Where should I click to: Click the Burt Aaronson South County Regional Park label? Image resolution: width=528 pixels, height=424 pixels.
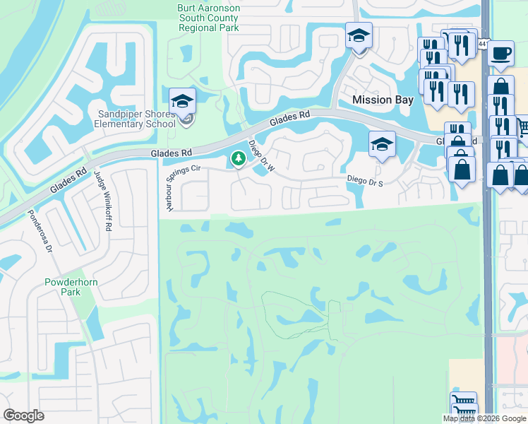[208, 18]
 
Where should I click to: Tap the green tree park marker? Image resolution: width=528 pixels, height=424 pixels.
[239, 159]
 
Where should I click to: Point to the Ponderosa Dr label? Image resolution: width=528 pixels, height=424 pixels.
[40, 231]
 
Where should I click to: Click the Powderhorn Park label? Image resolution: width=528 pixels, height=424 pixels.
[64, 286]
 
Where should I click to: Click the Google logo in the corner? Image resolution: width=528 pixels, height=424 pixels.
[23, 416]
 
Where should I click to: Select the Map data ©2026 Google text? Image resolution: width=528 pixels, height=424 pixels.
[484, 418]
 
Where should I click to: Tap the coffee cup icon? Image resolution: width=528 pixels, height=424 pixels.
[500, 53]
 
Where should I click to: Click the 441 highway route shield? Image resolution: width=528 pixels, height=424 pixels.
[482, 44]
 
